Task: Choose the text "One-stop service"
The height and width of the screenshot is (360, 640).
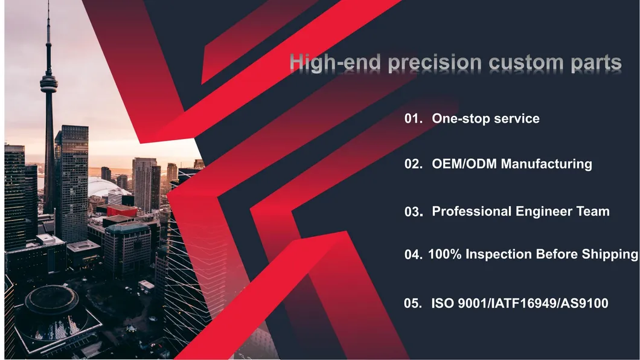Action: tap(485, 119)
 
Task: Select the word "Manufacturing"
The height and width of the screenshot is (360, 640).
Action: tap(546, 164)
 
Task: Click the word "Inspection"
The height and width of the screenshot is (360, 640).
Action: tap(499, 254)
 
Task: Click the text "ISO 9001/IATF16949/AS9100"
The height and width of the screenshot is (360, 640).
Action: tap(519, 303)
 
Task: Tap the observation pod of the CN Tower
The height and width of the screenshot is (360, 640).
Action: tap(49, 83)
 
